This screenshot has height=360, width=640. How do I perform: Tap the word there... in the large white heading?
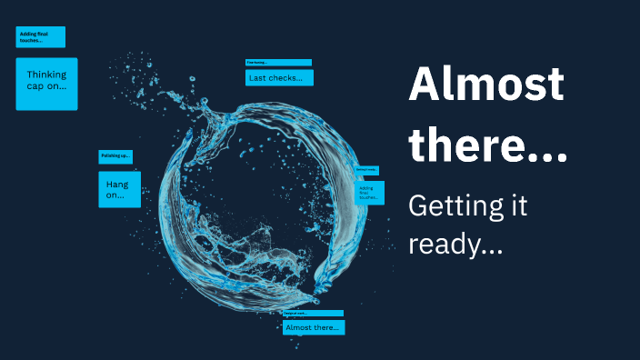point(487,145)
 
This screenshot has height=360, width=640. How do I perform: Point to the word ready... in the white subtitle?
point(455,244)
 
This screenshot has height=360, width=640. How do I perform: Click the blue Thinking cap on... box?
point(46,84)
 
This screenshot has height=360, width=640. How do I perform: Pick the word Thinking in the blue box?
point(46,75)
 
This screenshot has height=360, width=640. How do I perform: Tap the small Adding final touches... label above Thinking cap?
point(40,37)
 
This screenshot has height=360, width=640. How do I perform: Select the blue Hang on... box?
point(119,189)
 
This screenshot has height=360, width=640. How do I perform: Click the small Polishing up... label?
point(115,156)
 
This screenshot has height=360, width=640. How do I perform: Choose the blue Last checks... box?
point(279,78)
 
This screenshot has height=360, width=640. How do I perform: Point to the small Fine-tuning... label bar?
point(278,63)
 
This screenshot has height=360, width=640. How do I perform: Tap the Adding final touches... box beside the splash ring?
point(368,192)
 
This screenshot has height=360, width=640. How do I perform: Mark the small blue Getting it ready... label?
point(366,170)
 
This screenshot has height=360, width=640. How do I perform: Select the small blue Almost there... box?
point(314,327)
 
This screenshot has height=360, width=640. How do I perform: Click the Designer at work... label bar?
point(313,313)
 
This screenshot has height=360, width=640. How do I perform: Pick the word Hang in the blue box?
point(117,185)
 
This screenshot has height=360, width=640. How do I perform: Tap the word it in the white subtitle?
point(516,207)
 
